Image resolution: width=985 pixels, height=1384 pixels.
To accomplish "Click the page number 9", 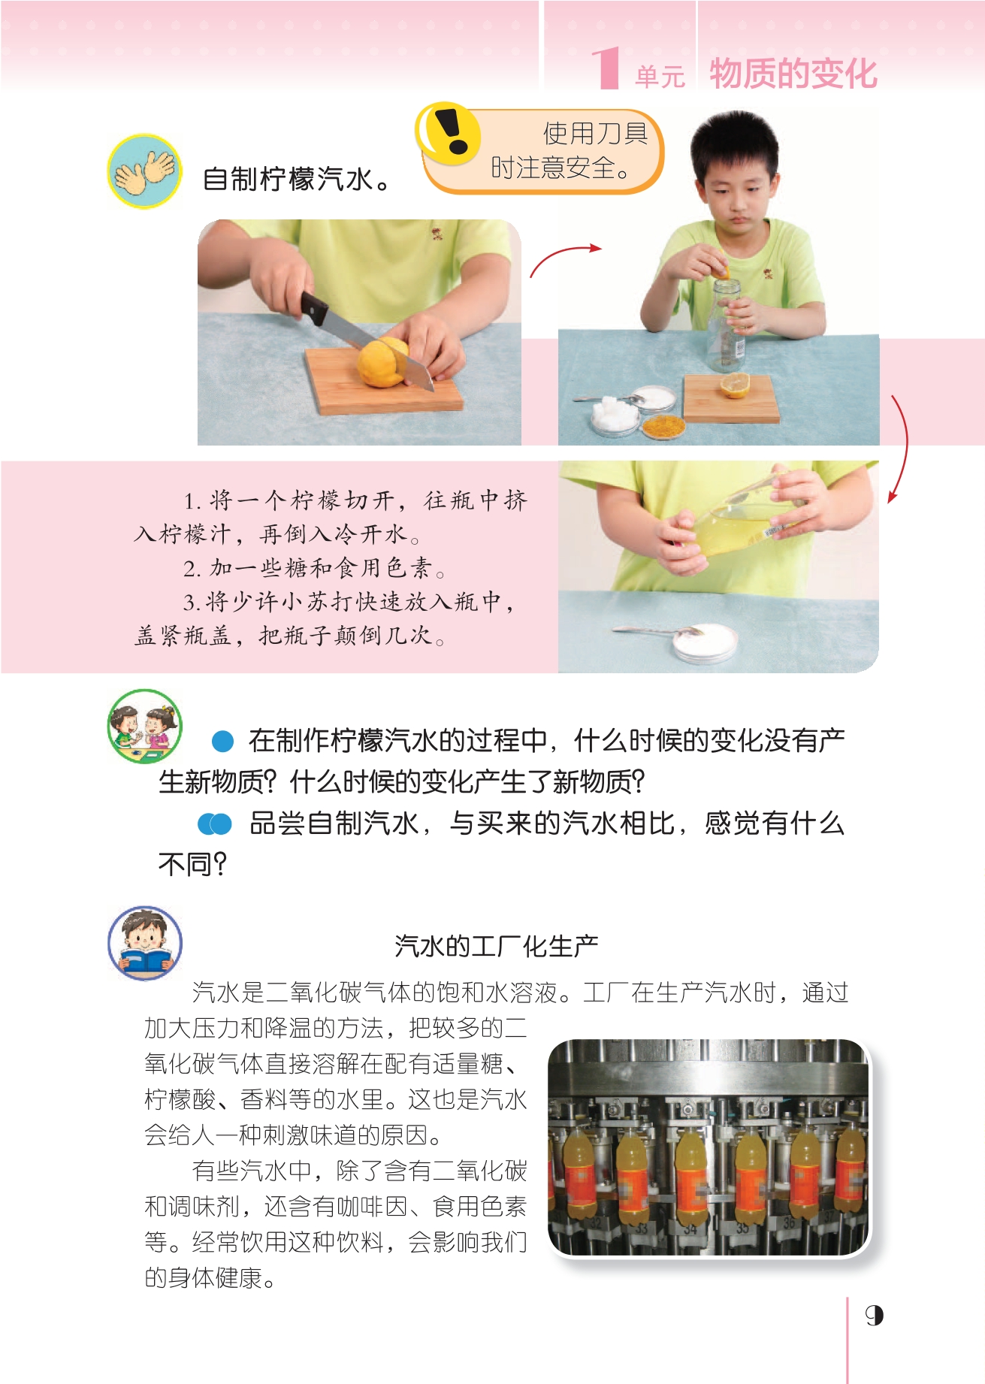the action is pyautogui.click(x=874, y=1316).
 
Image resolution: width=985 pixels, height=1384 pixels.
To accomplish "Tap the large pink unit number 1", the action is pyautogui.click(x=606, y=68).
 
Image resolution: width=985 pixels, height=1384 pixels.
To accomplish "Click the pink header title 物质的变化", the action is pyautogui.click(x=793, y=73).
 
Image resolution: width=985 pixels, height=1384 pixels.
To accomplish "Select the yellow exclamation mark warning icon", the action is pyautogui.click(x=448, y=134).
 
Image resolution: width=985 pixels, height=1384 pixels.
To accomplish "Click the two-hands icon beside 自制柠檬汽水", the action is pyautogui.click(x=144, y=171).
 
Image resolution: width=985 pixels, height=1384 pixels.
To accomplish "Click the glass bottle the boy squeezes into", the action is pyautogui.click(x=725, y=326).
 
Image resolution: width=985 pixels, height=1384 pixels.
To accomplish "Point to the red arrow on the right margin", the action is pyautogui.click(x=899, y=448).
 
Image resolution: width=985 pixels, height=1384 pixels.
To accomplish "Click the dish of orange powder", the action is pyautogui.click(x=663, y=425).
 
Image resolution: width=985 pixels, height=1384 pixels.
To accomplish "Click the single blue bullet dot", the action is pyautogui.click(x=223, y=742).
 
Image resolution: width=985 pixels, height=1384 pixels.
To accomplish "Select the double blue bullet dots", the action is pyautogui.click(x=215, y=824).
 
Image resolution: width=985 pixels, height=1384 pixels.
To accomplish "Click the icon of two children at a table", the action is pyautogui.click(x=145, y=727).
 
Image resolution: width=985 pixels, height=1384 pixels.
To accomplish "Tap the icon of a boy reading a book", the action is pyautogui.click(x=145, y=943).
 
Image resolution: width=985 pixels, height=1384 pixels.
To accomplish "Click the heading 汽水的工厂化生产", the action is pyautogui.click(x=496, y=946).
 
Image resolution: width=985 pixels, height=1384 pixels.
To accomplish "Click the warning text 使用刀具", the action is pyautogui.click(x=595, y=134).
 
